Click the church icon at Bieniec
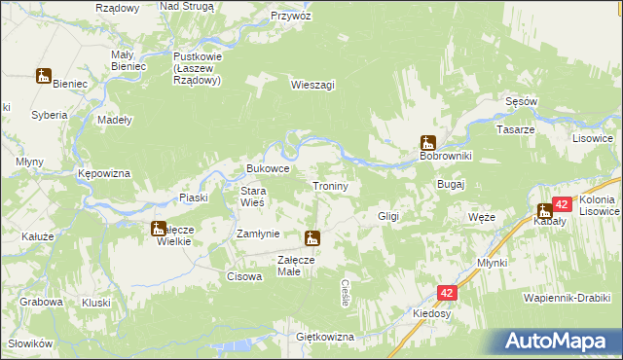tap(44, 76)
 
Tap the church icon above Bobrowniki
tap(426, 142)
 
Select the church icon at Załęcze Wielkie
tap(158, 230)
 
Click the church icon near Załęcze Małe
tap(311, 237)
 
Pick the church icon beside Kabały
tap(545, 210)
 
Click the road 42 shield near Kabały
tap(562, 204)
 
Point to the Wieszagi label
tap(312, 85)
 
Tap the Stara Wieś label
tap(253, 197)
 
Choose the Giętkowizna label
tap(325, 337)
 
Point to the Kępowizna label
tap(104, 173)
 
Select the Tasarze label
tap(516, 129)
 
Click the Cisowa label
tap(242, 276)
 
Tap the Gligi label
tap(388, 216)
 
